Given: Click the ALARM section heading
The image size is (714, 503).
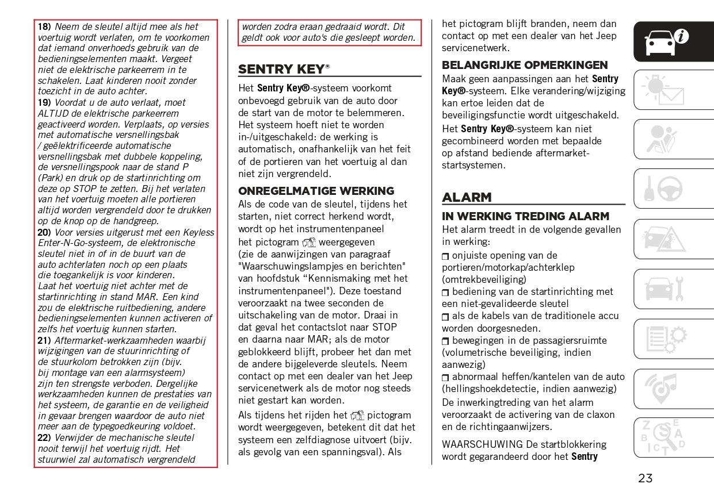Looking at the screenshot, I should [x=467, y=197].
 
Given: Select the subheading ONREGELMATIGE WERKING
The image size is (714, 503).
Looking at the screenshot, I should [x=316, y=191].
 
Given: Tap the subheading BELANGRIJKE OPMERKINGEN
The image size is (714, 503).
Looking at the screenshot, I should [x=525, y=65].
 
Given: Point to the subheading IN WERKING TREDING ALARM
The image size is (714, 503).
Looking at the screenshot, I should [x=525, y=216].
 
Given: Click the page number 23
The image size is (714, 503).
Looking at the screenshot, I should [x=645, y=478].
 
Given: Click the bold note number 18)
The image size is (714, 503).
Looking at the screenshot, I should [x=44, y=26].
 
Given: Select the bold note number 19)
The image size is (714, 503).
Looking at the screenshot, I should [x=44, y=102].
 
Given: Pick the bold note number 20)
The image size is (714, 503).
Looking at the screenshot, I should [x=44, y=232].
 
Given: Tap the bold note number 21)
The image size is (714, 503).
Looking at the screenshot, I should [x=44, y=340].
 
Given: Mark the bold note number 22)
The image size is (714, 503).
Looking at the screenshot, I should [x=44, y=437].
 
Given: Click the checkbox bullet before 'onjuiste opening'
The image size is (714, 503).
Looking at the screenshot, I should [x=445, y=256].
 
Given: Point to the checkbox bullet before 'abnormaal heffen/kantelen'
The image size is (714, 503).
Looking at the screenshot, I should [x=445, y=377].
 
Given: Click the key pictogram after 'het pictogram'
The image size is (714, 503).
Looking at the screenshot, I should [x=309, y=243].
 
